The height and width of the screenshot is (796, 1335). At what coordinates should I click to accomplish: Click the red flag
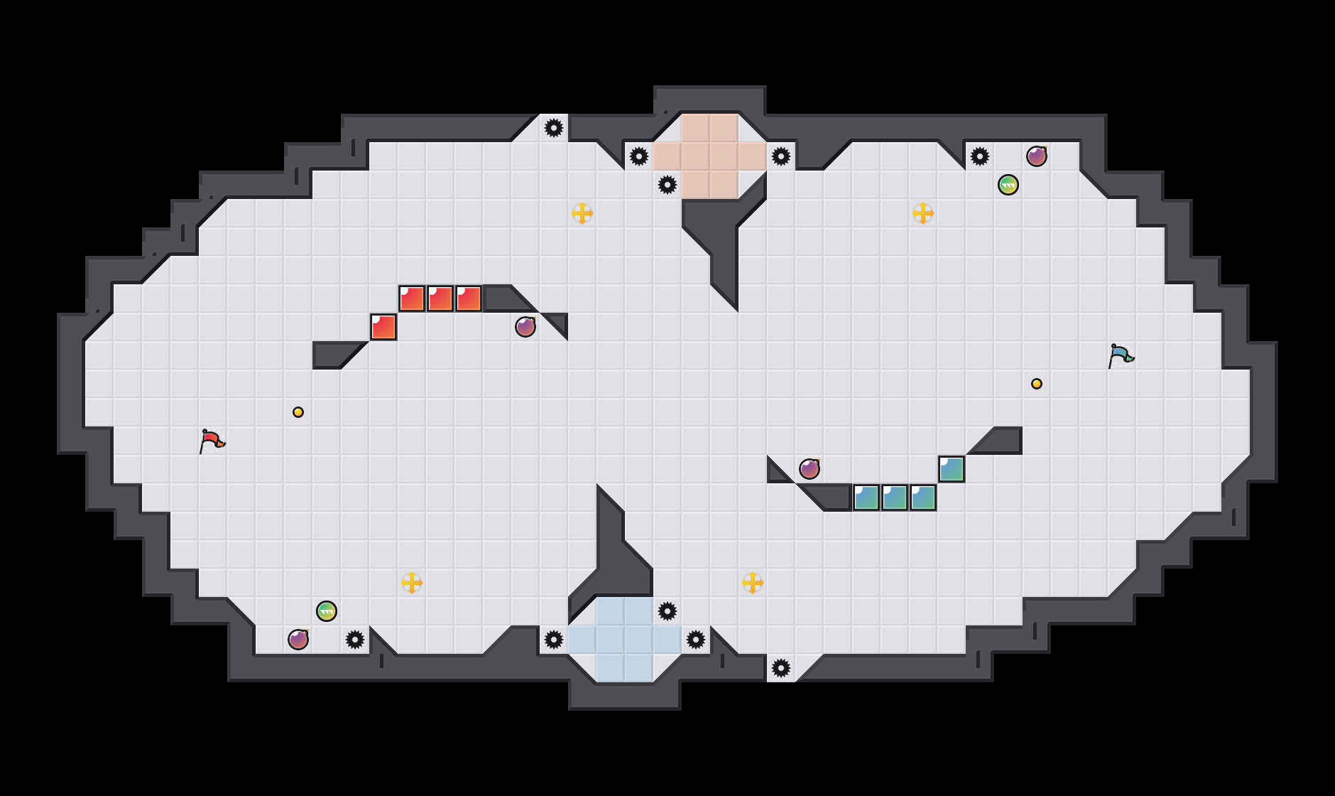(x=212, y=441)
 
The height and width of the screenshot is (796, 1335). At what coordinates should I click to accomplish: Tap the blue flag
(x=1121, y=355)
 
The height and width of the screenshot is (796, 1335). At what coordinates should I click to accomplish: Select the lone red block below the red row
(x=383, y=327)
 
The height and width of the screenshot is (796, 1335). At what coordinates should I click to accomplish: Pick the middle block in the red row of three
(x=440, y=298)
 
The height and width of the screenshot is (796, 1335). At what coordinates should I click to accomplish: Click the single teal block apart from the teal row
(x=952, y=469)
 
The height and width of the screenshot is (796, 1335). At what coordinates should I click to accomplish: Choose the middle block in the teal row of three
(x=895, y=497)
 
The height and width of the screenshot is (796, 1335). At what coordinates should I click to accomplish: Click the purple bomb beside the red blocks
(x=525, y=327)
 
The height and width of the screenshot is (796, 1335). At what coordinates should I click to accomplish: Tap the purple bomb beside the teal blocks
(x=810, y=469)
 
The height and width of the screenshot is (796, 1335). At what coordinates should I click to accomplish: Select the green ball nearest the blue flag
(x=1008, y=185)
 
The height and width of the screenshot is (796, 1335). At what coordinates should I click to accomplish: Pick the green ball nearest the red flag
(x=327, y=611)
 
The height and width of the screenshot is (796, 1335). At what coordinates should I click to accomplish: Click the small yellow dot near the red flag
(x=298, y=412)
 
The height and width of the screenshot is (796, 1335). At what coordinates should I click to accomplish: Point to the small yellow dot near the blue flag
(x=1037, y=384)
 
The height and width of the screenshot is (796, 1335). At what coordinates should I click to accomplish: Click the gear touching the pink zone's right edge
(x=781, y=156)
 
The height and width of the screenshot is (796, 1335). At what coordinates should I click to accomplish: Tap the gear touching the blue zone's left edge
(x=554, y=640)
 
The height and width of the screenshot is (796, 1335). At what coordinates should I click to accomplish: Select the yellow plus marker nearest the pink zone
(x=582, y=213)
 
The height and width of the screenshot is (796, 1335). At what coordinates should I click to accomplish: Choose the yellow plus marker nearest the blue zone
(x=753, y=583)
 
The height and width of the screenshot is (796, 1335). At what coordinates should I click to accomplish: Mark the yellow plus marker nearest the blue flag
(x=923, y=213)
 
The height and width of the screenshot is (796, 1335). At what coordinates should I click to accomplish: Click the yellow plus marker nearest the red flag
(x=412, y=583)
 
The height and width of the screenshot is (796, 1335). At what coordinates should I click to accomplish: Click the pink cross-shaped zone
(x=710, y=156)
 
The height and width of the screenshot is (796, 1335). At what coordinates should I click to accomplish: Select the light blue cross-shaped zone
(x=625, y=640)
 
